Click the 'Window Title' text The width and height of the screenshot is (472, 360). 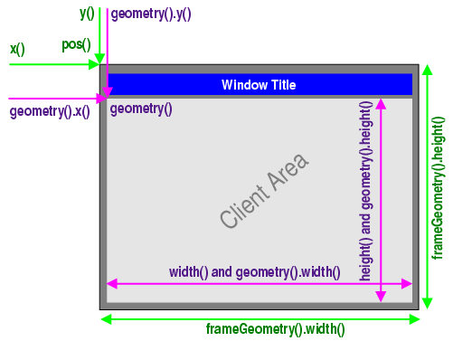pyautogui.click(x=259, y=85)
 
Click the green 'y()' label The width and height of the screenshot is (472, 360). pyautogui.click(x=87, y=13)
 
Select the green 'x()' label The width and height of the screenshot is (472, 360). pyautogui.click(x=17, y=49)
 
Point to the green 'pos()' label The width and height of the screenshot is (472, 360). pyautogui.click(x=76, y=44)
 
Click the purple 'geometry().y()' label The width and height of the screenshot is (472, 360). pyautogui.click(x=150, y=14)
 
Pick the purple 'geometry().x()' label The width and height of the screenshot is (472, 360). pyautogui.click(x=50, y=113)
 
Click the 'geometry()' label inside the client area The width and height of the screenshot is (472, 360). pyautogui.click(x=141, y=109)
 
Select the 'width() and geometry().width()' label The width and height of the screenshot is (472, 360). pyautogui.click(x=254, y=271)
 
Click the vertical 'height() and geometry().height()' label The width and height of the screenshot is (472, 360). pyautogui.click(x=365, y=190)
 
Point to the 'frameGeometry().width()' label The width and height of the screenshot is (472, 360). pyautogui.click(x=275, y=328)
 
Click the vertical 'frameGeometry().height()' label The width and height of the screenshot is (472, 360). pyautogui.click(x=439, y=187)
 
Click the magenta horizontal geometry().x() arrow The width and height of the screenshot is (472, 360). pyautogui.click(x=54, y=98)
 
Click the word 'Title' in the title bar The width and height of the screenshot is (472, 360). pyautogui.click(x=281, y=85)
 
